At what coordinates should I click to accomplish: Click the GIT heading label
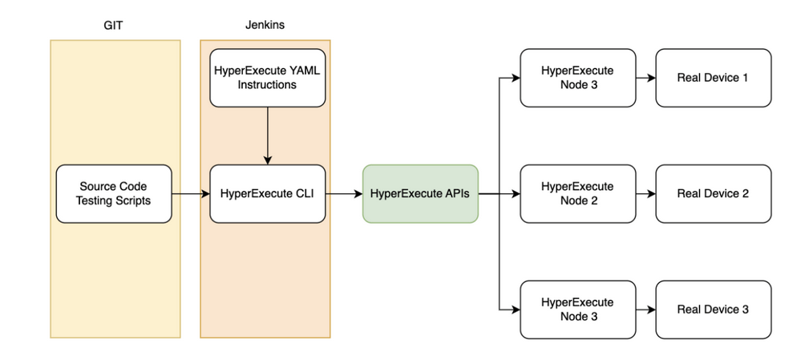[114, 25]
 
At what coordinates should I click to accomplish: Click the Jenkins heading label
[265, 25]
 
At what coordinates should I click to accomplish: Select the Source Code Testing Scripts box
[114, 194]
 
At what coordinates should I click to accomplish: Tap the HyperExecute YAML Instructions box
[268, 77]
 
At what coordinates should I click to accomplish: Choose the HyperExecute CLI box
[268, 194]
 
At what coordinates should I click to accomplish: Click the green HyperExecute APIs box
[420, 194]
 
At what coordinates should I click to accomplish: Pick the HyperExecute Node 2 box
[577, 194]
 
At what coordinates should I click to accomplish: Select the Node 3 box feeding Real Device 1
[577, 78]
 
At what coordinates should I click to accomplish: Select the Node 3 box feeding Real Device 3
[577, 309]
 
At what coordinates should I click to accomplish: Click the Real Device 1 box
[713, 78]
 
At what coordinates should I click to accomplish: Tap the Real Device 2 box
[713, 194]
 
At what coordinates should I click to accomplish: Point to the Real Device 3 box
[713, 309]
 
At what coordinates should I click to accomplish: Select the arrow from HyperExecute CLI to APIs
[344, 194]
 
